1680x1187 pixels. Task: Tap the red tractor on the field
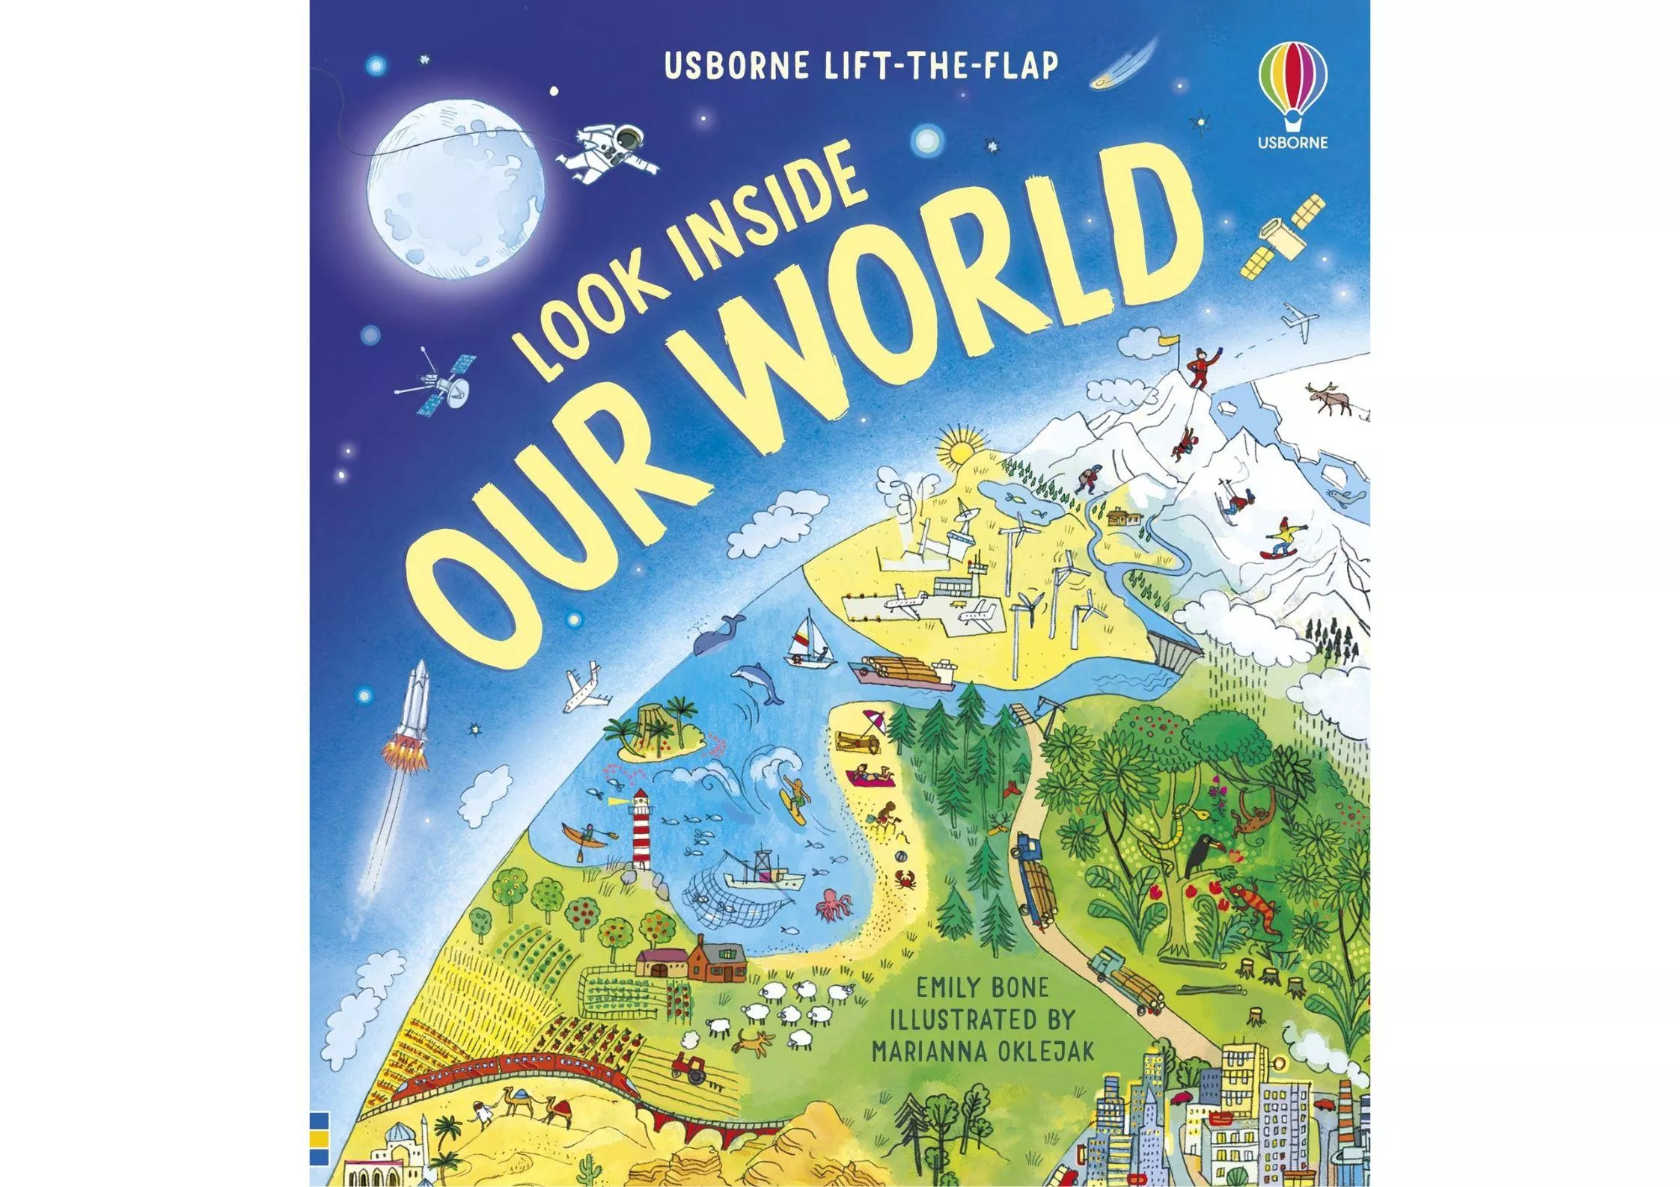(686, 1067)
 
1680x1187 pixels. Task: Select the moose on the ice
(1326, 399)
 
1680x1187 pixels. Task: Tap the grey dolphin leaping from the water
(761, 682)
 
